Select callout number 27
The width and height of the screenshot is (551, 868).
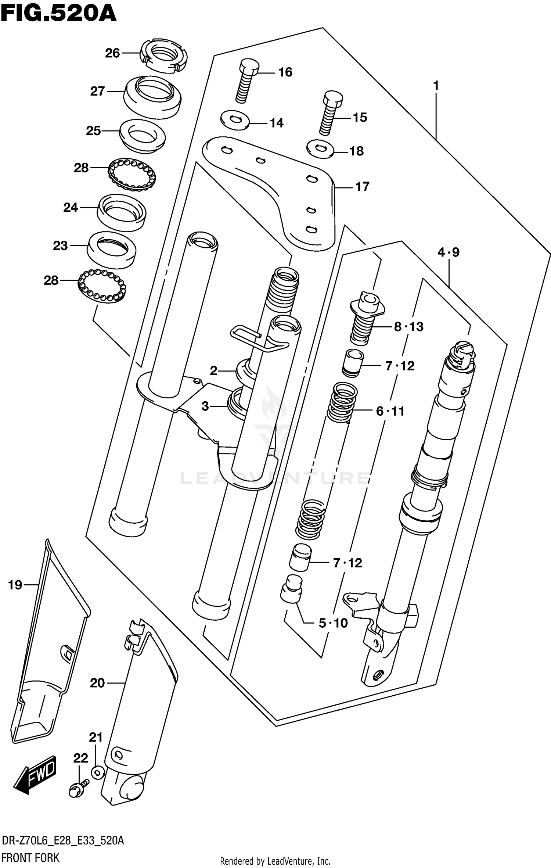97,91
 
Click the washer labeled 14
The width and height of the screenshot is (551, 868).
235,119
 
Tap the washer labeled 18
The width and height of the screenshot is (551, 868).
320,149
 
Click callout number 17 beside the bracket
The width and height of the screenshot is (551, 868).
362,187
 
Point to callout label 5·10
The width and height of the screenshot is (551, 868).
333,623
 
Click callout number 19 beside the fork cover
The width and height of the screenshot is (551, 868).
15,585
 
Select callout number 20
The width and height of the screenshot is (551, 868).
97,683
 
